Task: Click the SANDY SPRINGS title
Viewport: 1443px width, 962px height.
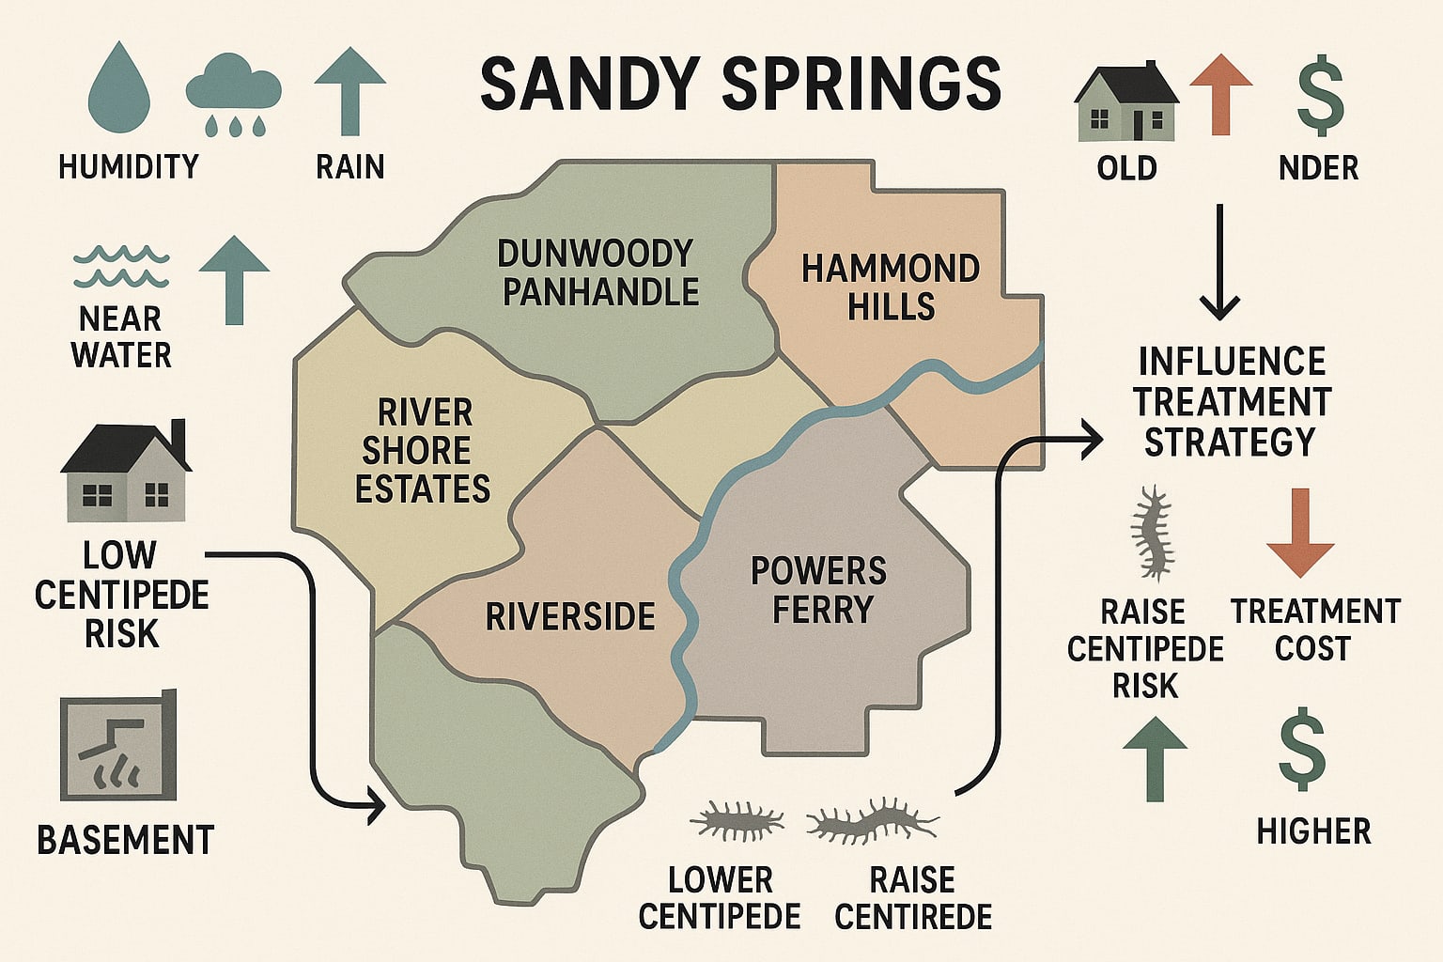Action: (740, 84)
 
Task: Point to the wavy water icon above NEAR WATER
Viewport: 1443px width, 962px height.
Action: (121, 267)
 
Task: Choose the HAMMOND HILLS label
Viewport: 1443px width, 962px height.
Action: (891, 287)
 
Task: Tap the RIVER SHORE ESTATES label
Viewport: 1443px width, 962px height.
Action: (423, 451)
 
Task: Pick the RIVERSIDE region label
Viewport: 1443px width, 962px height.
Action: (570, 617)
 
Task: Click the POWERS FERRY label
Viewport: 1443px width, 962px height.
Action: (819, 590)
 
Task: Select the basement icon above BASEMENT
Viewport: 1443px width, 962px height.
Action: (118, 748)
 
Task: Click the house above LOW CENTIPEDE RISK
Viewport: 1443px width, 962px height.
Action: (126, 472)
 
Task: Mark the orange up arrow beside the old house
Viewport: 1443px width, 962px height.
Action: (1220, 94)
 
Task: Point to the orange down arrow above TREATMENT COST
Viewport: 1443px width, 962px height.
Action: (1300, 532)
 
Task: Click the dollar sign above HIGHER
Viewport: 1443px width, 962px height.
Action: (1302, 752)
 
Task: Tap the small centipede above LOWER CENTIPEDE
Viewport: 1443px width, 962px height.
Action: (737, 820)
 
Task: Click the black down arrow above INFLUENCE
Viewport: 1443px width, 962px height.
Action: (1219, 263)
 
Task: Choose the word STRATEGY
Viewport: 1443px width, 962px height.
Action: (1230, 442)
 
